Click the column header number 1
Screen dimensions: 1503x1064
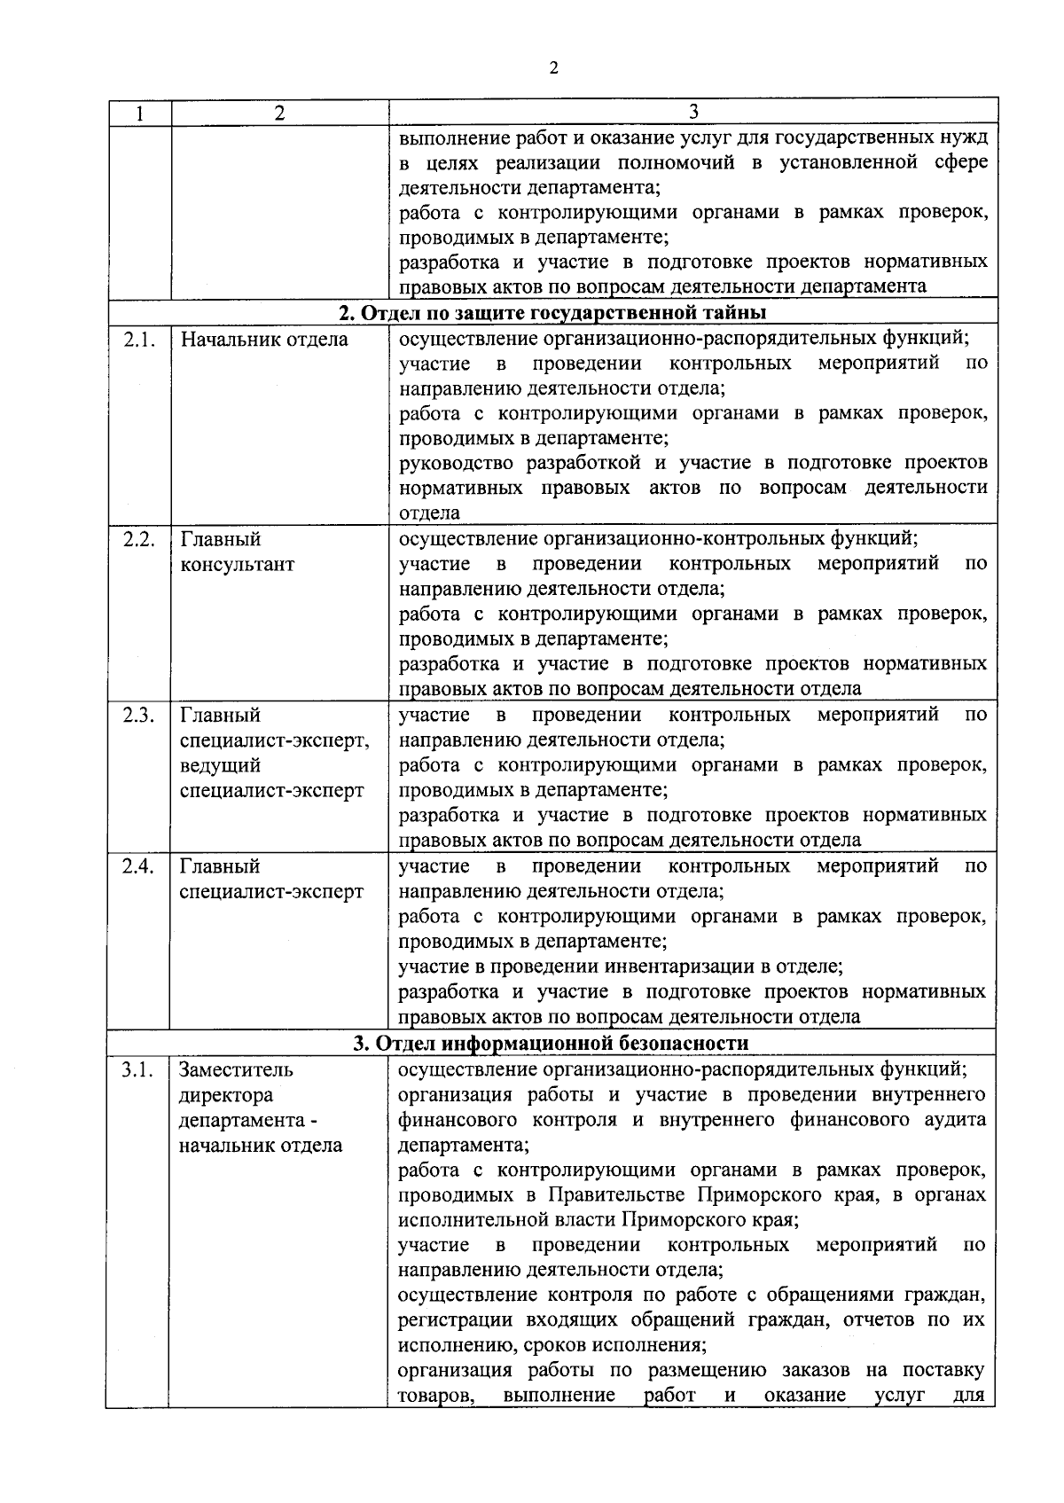tap(138, 113)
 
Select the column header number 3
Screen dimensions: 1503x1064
tap(694, 112)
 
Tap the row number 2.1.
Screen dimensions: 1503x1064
tap(138, 339)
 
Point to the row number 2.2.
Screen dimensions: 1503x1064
tap(138, 539)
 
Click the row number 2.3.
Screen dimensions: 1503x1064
tap(138, 715)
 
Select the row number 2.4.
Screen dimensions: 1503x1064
tap(138, 866)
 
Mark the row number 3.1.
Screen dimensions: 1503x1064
tap(138, 1069)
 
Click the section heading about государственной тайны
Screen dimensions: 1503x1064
tap(552, 313)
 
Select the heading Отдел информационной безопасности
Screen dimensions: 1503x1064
tap(551, 1043)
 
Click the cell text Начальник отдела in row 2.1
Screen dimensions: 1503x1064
tap(263, 339)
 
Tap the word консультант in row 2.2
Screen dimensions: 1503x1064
tap(237, 565)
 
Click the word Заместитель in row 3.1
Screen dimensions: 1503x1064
tap(236, 1070)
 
